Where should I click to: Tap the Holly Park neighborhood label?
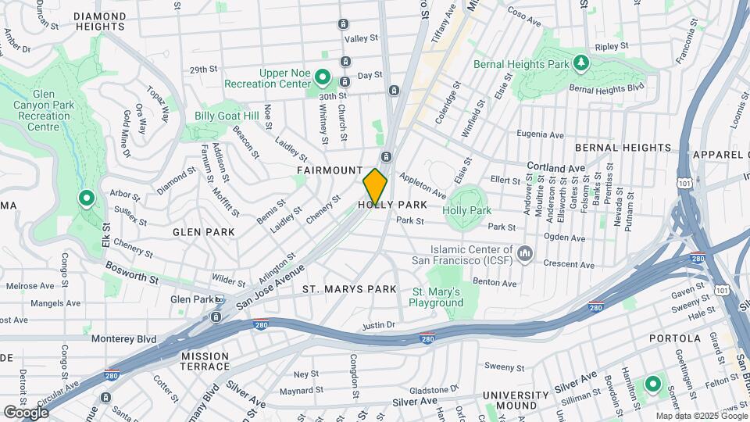392,205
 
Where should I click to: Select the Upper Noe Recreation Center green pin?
323,78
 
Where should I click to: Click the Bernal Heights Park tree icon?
580,63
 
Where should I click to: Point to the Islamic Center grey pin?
525,253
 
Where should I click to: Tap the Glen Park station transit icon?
220,300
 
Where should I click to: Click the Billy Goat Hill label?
227,116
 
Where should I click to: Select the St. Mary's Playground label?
435,297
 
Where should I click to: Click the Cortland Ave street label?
555,167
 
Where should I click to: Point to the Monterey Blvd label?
123,339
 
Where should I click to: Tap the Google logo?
26,412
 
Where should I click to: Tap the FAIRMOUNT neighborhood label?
329,170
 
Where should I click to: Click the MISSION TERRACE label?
205,361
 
